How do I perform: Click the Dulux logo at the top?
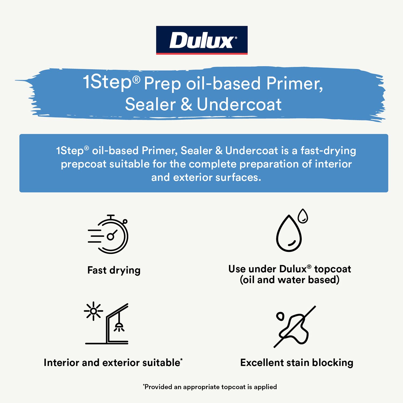point(202,40)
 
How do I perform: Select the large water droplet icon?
point(289,233)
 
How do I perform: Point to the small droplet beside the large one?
point(303,216)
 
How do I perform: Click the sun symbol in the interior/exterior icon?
point(93,311)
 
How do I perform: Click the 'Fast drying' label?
point(114,270)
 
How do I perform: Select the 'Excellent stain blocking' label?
point(297,363)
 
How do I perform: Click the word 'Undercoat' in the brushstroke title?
point(239,104)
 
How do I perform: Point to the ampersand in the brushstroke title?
point(186,104)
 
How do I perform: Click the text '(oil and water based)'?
point(290,280)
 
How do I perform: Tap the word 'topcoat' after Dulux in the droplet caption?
point(333,269)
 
